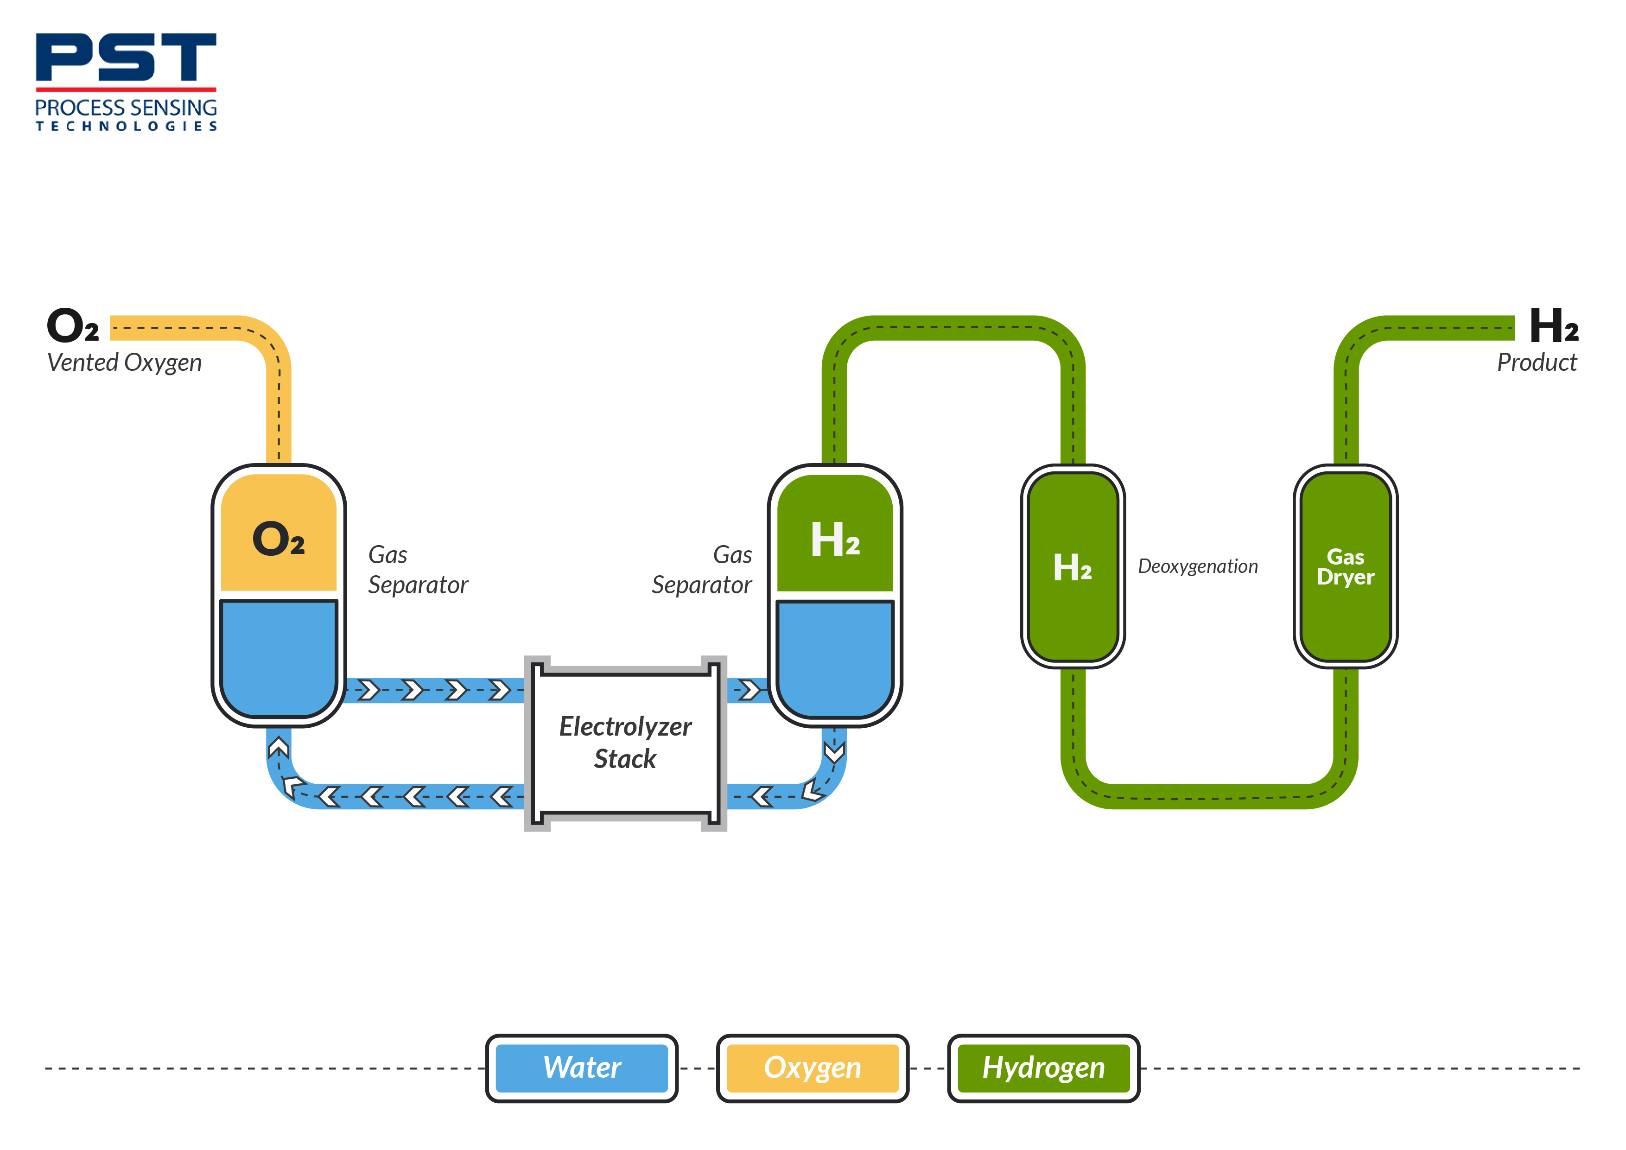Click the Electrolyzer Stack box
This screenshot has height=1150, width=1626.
(x=625, y=742)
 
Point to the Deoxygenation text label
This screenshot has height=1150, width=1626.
(x=1198, y=566)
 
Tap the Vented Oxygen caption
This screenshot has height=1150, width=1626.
(x=125, y=362)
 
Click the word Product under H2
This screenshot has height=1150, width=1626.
(x=1536, y=362)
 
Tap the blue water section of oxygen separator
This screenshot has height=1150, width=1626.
(x=278, y=655)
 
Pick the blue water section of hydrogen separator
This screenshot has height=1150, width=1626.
(x=835, y=655)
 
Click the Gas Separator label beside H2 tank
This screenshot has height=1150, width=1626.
(x=702, y=570)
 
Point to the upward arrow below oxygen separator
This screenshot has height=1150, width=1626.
(x=278, y=747)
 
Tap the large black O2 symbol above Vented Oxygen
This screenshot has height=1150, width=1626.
(x=72, y=326)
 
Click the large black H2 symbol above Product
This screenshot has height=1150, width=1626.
(x=1553, y=326)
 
